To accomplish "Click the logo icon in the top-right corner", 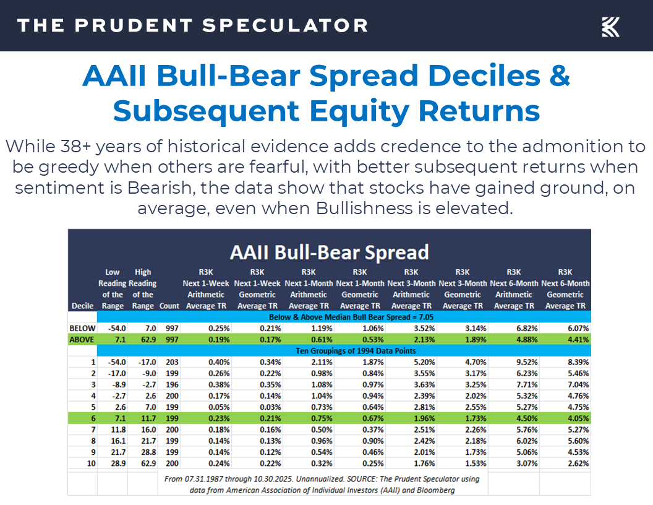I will (610, 27).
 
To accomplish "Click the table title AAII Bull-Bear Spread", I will (329, 252).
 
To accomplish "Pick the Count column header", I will (169, 306).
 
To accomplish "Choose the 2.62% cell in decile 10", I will (574, 464).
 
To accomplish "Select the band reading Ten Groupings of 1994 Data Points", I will (329, 351).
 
